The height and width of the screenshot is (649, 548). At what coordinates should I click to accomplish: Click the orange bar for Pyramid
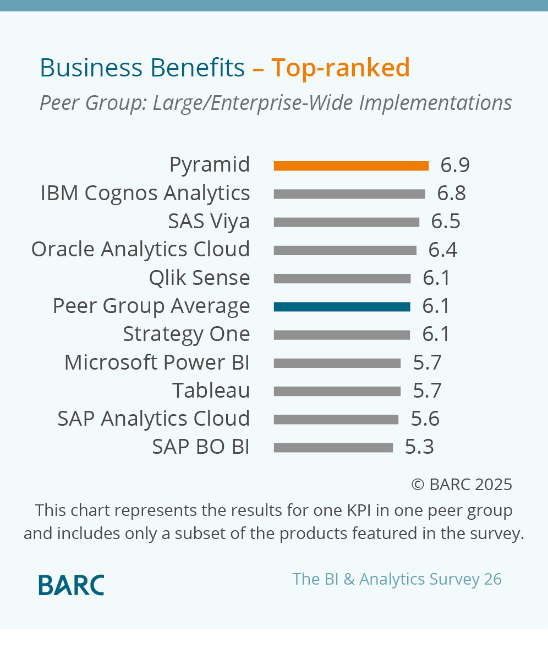click(351, 166)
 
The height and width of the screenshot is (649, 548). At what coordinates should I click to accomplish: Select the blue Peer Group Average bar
click(342, 307)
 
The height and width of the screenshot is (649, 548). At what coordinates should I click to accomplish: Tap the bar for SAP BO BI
click(333, 448)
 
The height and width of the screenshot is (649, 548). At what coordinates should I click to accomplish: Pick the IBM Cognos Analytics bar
click(349, 194)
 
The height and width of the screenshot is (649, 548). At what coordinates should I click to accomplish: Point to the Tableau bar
click(337, 391)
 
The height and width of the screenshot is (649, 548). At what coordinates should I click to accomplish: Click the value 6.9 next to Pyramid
click(455, 165)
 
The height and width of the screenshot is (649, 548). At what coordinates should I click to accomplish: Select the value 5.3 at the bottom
click(419, 447)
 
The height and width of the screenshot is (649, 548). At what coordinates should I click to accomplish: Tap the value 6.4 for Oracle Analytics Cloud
click(443, 250)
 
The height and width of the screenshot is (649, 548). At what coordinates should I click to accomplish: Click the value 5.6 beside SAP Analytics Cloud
click(425, 419)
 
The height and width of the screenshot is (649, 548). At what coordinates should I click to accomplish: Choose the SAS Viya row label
click(209, 221)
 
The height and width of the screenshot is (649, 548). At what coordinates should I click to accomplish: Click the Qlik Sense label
click(199, 278)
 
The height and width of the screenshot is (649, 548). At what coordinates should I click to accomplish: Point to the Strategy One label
click(186, 334)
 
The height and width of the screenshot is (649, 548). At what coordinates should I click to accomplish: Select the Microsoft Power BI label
click(157, 362)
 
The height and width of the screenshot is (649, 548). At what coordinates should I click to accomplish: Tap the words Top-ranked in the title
click(341, 68)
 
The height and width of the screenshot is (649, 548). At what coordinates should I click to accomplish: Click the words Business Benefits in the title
click(142, 68)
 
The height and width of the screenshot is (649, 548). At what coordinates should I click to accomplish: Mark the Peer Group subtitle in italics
click(276, 103)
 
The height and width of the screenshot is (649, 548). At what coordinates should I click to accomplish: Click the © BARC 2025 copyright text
click(462, 485)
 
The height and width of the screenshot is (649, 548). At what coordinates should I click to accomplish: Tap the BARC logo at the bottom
click(71, 585)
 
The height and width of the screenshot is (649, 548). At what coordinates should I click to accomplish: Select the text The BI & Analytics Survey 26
click(397, 579)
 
